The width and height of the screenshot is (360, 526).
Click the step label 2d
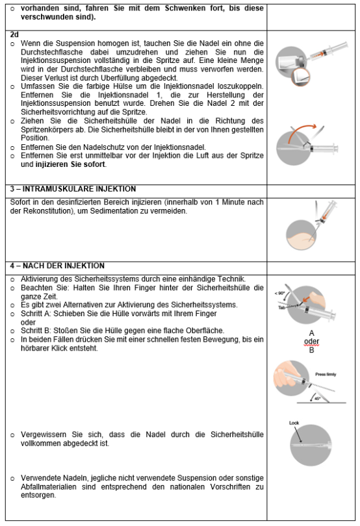pos(14,34)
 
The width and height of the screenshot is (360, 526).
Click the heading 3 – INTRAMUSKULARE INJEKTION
pos(73,189)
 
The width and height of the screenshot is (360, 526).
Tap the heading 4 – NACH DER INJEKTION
pos(57,266)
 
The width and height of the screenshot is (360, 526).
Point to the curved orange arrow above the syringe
pos(302,132)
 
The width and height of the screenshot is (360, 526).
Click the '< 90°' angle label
pos(279,293)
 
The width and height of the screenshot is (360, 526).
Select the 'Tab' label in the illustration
pos(281,307)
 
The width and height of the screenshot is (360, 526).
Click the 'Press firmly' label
pos(326,375)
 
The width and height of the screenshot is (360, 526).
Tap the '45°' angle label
pos(317,399)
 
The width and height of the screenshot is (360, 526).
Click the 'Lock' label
pos(294,423)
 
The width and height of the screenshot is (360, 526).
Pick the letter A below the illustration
pos(311,333)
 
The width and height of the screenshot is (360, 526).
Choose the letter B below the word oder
pos(311,350)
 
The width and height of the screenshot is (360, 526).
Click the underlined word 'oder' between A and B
pos(311,342)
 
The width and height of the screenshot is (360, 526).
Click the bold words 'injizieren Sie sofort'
pos(71,164)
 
